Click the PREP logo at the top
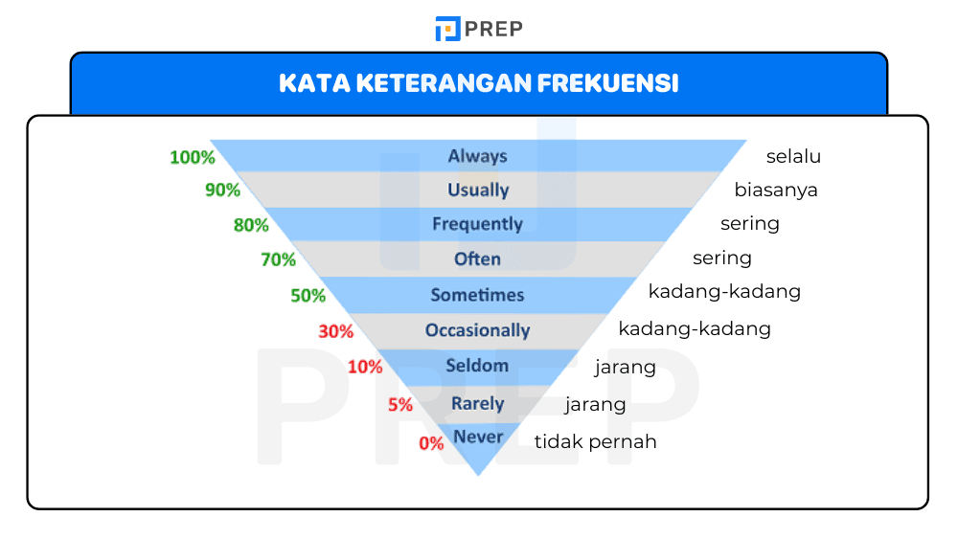tap(478, 29)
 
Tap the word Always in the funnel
tap(477, 156)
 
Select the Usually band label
tap(478, 190)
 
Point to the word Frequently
tap(477, 224)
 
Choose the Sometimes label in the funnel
tap(477, 294)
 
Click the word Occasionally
tap(477, 330)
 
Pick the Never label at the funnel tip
tap(478, 437)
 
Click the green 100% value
tap(193, 157)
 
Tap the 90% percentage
tap(222, 191)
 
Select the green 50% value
tap(308, 296)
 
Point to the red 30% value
tap(336, 332)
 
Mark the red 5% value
tap(400, 405)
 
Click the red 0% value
tap(431, 443)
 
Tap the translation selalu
tap(793, 157)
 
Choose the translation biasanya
tap(776, 190)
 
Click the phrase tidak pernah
tap(595, 441)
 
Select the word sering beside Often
tap(722, 258)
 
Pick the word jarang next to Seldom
tap(626, 367)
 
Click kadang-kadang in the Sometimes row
tap(724, 291)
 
